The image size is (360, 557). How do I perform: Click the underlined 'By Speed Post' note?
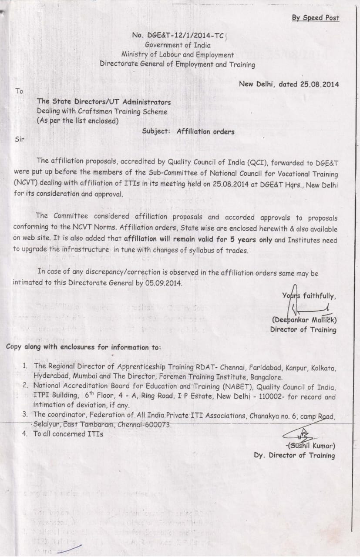click(315, 18)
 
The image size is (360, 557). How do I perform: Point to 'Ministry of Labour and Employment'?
click(178, 55)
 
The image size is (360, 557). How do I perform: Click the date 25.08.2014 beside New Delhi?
click(320, 84)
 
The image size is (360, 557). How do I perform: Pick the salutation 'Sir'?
click(20, 139)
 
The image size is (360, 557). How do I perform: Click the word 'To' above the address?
click(19, 91)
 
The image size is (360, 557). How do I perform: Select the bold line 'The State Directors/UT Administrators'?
click(104, 102)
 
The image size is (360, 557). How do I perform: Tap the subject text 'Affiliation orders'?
click(205, 131)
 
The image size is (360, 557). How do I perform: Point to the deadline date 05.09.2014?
click(165, 282)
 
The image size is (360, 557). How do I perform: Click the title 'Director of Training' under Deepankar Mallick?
click(303, 329)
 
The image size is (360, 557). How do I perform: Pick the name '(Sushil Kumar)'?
click(311, 446)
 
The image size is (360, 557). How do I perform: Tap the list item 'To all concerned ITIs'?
click(68, 433)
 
